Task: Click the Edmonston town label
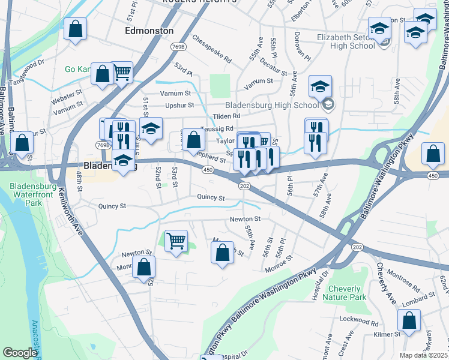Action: click(x=149, y=30)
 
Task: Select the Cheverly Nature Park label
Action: click(x=344, y=293)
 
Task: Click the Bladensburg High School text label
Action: click(x=273, y=105)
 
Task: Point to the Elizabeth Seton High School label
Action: click(x=346, y=41)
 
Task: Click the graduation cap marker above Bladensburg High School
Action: click(x=321, y=86)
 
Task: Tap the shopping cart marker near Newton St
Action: click(x=176, y=241)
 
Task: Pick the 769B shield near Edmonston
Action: click(x=177, y=46)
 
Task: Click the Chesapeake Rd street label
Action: click(x=212, y=49)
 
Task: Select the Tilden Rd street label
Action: click(x=226, y=116)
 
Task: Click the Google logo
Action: click(x=20, y=353)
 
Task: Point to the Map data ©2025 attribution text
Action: click(x=423, y=355)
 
